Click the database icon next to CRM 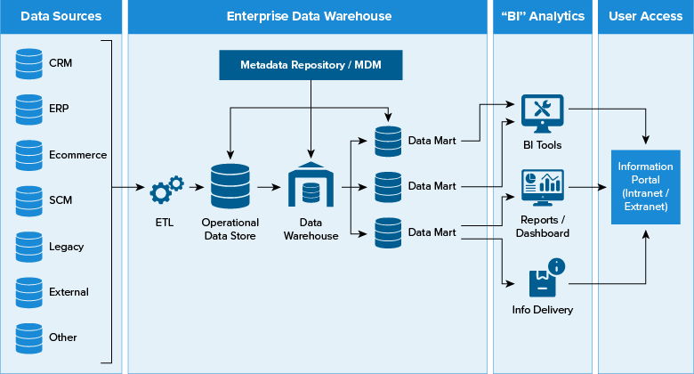pos(28,62)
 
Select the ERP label pos(60,109)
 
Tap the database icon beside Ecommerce pos(28,154)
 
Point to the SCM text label pos(61,200)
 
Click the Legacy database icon pos(28,246)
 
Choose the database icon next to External pos(28,291)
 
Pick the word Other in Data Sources pos(63,337)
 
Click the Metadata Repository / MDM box pos(310,65)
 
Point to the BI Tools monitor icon pos(542,112)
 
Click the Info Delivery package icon pos(544,280)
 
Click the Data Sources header pos(61,16)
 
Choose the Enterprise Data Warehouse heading pos(309,16)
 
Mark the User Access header pos(645,16)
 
